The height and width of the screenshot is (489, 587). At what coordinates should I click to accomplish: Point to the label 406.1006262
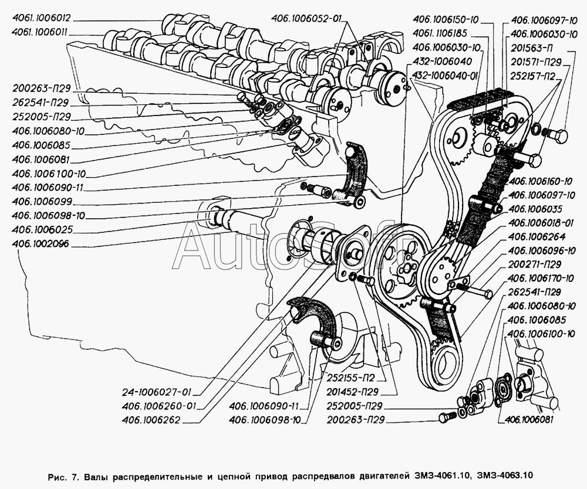[x=151, y=420]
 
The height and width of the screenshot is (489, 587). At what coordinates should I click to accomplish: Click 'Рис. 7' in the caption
[x=60, y=474]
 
